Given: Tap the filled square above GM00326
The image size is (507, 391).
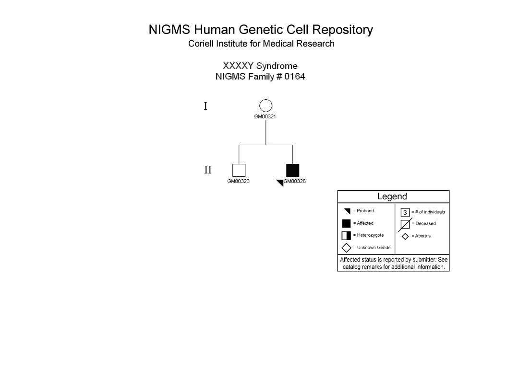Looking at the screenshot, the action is (x=292, y=170).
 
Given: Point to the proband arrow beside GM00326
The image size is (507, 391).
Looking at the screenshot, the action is (x=280, y=183).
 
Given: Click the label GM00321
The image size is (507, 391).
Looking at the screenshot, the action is (x=265, y=116).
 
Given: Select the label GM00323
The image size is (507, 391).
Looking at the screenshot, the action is (x=238, y=181).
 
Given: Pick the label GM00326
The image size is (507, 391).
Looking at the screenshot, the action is (x=295, y=181).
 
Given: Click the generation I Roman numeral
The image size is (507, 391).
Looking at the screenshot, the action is (x=205, y=106).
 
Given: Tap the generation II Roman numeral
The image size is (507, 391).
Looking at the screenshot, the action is (x=207, y=170).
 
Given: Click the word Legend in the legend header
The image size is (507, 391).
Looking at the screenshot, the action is (x=392, y=196).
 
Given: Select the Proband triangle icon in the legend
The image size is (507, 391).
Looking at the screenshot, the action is (x=348, y=211).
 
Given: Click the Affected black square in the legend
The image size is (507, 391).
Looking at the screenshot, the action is (x=346, y=224).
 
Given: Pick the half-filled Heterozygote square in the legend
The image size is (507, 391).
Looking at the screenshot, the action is (x=346, y=235).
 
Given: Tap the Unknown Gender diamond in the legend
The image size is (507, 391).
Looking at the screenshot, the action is (x=346, y=248).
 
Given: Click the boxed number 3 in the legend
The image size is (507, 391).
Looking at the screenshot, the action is (x=405, y=213).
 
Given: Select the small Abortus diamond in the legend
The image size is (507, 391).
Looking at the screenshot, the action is (x=405, y=237).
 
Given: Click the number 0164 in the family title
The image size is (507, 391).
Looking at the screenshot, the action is (x=295, y=77).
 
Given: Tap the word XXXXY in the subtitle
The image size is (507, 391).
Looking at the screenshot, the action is (x=238, y=66).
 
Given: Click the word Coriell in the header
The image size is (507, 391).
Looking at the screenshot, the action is (x=201, y=44).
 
